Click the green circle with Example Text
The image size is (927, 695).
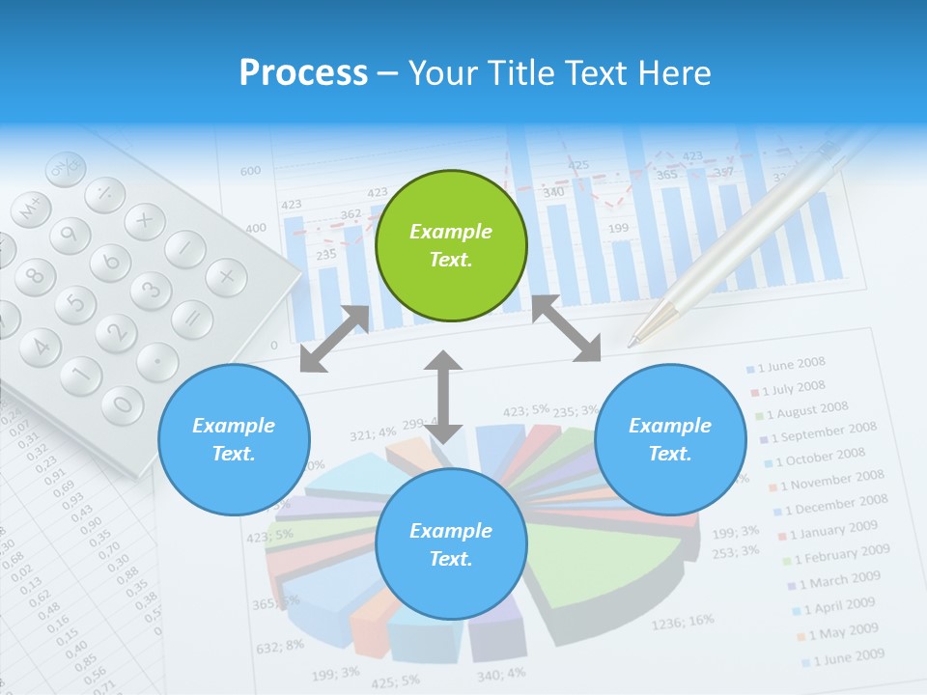(x=451, y=245)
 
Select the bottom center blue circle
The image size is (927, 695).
(x=451, y=544)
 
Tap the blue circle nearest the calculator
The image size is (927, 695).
(x=234, y=439)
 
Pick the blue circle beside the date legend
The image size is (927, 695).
(x=670, y=439)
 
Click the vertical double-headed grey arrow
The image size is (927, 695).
(x=443, y=397)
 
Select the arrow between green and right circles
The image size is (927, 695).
(x=566, y=329)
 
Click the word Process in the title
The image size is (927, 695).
(x=303, y=72)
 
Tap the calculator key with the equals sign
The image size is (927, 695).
(x=192, y=318)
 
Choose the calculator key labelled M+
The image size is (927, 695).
(x=31, y=206)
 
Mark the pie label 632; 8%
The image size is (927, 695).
(x=281, y=644)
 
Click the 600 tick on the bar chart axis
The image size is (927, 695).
(x=250, y=171)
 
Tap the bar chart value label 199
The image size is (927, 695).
(x=618, y=228)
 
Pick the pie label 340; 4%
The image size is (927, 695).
(x=501, y=673)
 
